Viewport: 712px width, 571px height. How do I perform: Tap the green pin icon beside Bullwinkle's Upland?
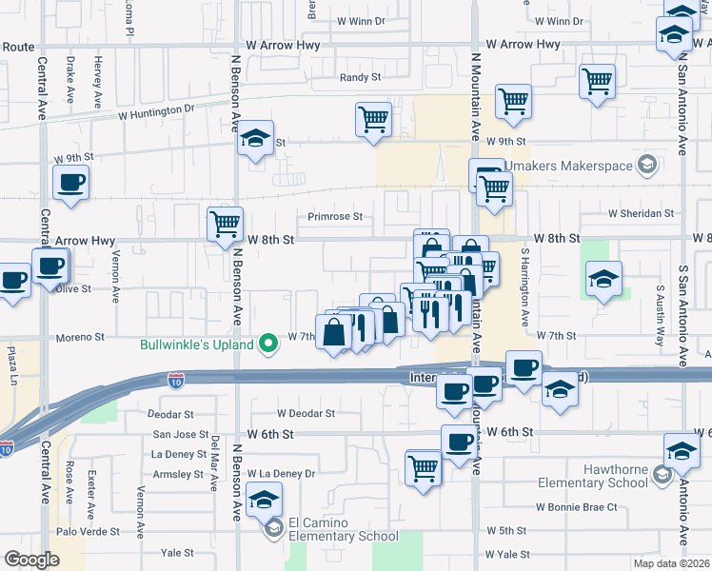click(x=269, y=344)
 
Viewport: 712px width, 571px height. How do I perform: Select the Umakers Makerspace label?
click(x=568, y=166)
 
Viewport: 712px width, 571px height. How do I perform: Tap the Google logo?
click(x=31, y=559)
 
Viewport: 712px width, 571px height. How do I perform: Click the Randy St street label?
click(x=361, y=77)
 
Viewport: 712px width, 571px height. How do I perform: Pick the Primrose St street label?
click(x=334, y=216)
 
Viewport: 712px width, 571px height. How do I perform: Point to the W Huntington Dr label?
click(x=156, y=110)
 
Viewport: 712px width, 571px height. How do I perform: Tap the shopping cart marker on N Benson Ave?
click(x=225, y=226)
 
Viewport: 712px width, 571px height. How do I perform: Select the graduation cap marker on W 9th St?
click(x=255, y=138)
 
